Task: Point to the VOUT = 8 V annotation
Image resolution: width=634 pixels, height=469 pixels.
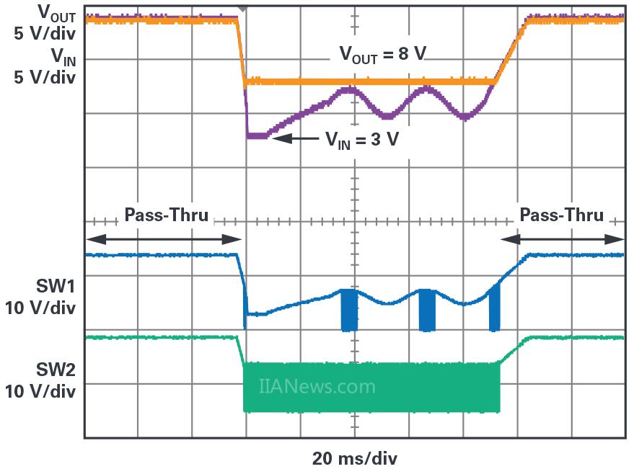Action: pos(382,55)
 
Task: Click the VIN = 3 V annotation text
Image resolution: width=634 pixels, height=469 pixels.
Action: pos(361,139)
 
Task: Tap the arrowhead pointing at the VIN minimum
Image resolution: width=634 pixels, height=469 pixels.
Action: pos(281,138)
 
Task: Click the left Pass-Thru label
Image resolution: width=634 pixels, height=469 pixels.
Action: pos(166,215)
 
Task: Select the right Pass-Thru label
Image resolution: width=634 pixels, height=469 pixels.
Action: pos(561,215)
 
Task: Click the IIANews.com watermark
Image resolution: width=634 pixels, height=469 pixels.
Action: pos(317,387)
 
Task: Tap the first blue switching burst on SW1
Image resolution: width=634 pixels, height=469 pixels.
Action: pos(349,310)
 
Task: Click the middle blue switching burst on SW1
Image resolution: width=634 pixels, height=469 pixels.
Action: pos(427,310)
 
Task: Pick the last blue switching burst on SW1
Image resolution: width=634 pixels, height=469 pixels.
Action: pos(494,308)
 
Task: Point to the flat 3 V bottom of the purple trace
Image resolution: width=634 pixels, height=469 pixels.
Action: pos(257,135)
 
